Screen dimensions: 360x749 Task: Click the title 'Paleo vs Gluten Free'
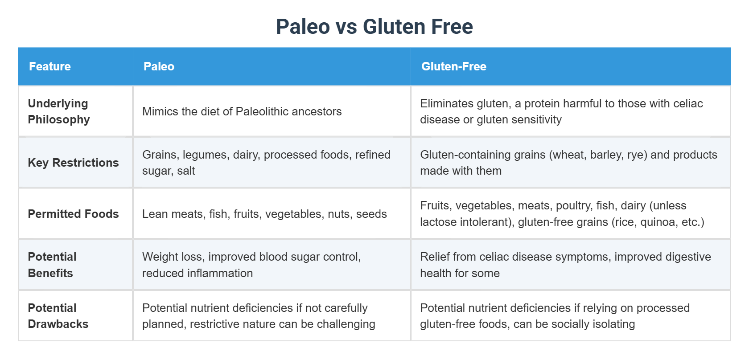tap(374, 26)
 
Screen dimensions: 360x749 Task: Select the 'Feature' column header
tap(50, 66)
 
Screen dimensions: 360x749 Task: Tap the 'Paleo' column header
tap(159, 66)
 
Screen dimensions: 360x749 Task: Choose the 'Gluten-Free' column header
tap(453, 66)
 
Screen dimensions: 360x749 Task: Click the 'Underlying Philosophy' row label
tap(59, 111)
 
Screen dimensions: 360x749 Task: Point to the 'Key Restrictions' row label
tap(73, 163)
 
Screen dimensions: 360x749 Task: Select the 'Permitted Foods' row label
tap(73, 214)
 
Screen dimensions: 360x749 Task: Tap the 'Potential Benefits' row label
tap(52, 265)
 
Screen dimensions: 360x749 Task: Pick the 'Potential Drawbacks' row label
tap(58, 316)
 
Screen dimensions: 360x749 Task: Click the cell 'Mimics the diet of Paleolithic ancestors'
tap(242, 111)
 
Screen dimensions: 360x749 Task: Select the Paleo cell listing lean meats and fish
tap(264, 214)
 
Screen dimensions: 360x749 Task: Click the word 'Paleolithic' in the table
tap(263, 111)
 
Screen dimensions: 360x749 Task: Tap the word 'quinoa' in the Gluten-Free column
tap(658, 222)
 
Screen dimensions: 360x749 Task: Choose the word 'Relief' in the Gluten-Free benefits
tap(434, 257)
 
